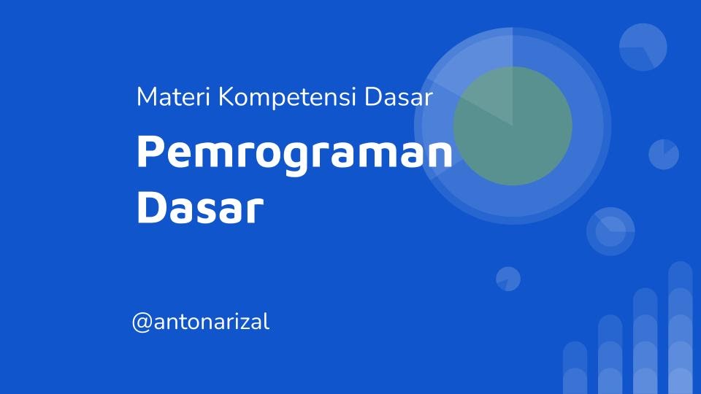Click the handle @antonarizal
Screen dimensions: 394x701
[x=201, y=322]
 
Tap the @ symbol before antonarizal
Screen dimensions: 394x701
[x=141, y=322]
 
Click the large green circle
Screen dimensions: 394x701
[x=513, y=125]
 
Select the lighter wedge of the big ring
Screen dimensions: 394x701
[x=475, y=80]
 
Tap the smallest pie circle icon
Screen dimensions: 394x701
[x=507, y=279]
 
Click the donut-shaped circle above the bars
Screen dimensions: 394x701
[x=610, y=231]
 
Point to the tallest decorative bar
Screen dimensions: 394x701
[x=680, y=328]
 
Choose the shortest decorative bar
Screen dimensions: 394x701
[x=575, y=368]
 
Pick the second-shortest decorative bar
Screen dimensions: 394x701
[x=610, y=355]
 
